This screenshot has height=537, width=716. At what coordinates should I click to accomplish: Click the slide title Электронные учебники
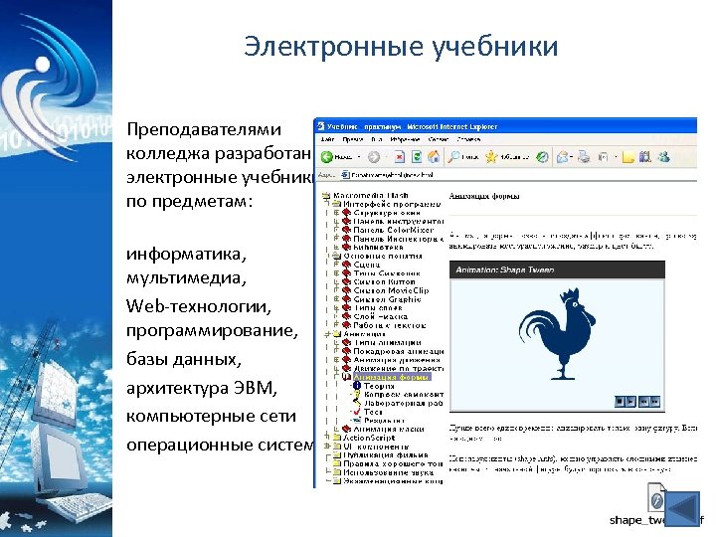(x=401, y=47)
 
